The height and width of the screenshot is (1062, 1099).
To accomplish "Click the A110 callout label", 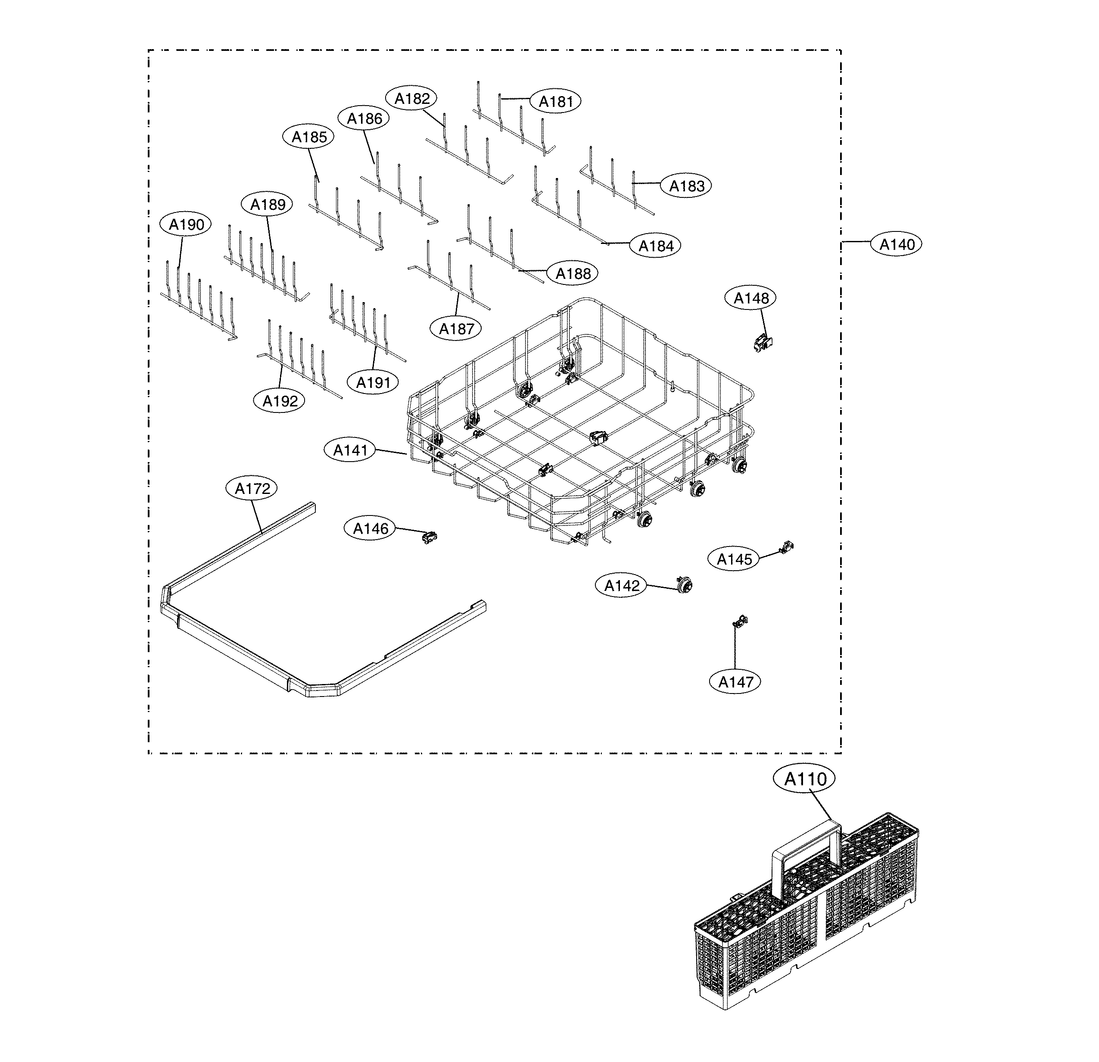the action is click(x=805, y=779).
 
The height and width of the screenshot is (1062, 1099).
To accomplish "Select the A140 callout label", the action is click(x=897, y=245).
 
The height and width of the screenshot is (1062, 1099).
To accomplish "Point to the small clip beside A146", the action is click(x=429, y=537).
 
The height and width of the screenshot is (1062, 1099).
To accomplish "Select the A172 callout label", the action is click(x=252, y=489).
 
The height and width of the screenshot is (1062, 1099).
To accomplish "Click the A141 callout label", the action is click(x=350, y=450).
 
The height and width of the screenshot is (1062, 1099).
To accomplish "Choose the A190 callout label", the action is click(x=186, y=225).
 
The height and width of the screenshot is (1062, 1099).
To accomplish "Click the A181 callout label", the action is click(x=556, y=102).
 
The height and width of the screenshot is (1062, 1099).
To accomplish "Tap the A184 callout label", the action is click(x=655, y=245).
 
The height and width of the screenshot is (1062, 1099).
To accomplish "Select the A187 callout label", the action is click(x=456, y=329).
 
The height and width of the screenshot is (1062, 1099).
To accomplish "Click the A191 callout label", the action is click(x=374, y=383).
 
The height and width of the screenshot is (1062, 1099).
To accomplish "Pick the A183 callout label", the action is click(x=686, y=186).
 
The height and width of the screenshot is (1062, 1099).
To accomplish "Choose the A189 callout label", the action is click(x=268, y=204).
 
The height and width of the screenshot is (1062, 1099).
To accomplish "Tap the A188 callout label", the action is click(x=573, y=274).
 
